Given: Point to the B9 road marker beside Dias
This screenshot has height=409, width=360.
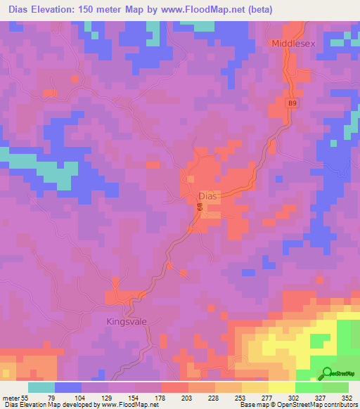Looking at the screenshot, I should pos(199,207).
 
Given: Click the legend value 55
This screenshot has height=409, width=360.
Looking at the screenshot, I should pos(27,397).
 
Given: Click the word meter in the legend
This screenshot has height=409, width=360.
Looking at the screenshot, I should pos(11,397).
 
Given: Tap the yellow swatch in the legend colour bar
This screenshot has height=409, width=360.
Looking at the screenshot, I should pos(281,387).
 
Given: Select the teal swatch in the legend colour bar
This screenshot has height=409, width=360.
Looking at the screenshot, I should pos(41,387).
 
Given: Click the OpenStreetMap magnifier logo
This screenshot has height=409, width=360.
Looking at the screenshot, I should pos(327,374).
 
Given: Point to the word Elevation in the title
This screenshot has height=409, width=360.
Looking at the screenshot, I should pos(51,10).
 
